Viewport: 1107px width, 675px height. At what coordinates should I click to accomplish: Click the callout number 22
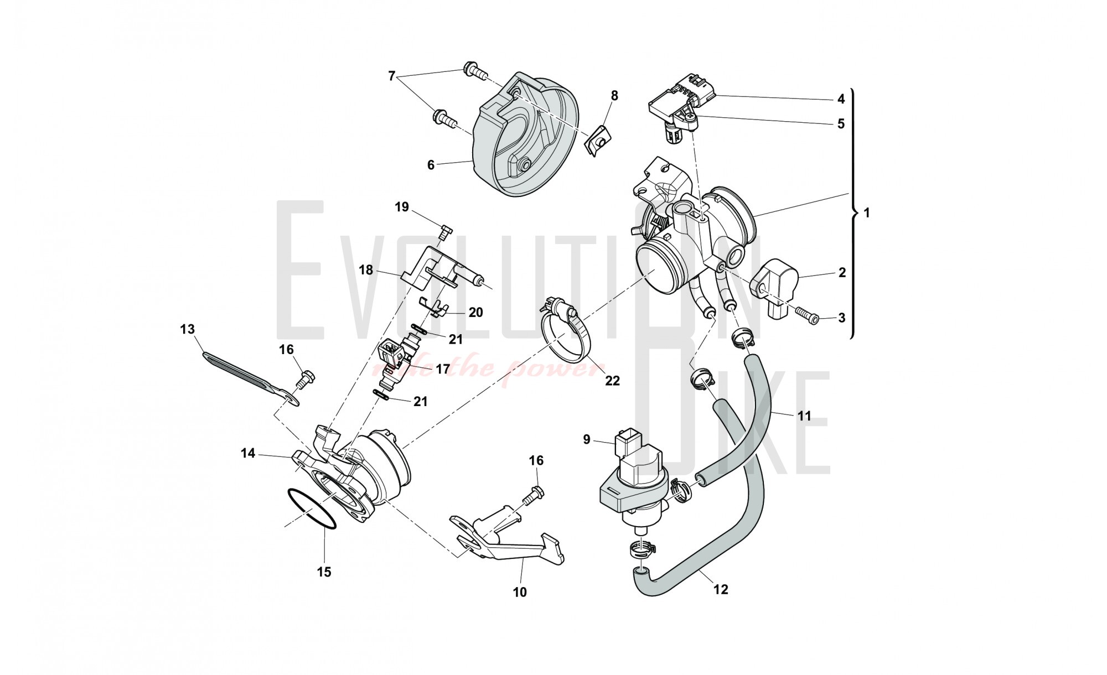click(x=612, y=381)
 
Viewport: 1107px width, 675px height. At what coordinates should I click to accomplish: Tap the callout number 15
click(x=324, y=572)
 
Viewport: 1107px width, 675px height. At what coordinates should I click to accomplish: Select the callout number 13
click(x=188, y=330)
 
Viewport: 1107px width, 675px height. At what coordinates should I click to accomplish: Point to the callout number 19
click(x=402, y=207)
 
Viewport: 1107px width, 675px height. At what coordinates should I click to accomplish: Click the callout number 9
click(x=587, y=440)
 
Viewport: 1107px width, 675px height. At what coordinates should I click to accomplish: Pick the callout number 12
click(x=721, y=590)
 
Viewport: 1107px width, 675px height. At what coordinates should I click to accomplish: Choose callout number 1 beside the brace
click(x=866, y=212)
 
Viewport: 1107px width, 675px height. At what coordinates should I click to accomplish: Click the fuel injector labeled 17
click(x=399, y=362)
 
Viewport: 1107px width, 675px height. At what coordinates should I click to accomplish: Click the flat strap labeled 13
click(x=244, y=373)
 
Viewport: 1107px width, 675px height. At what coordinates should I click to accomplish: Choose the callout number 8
click(x=614, y=96)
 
